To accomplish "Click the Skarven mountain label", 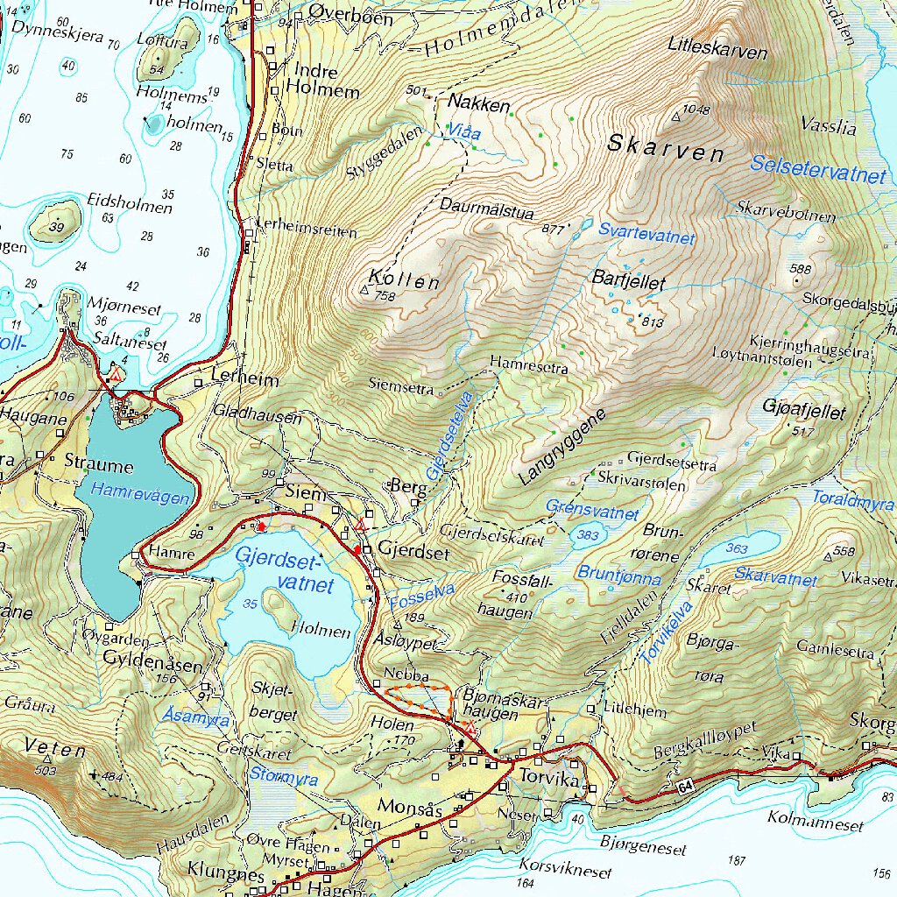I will (x=666, y=148).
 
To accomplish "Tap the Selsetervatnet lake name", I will (x=818, y=168).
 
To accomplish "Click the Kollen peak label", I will (x=404, y=280).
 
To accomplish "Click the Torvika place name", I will (x=550, y=778).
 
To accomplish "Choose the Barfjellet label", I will (x=629, y=283).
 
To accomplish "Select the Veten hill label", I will (x=56, y=750).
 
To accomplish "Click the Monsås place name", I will (x=409, y=806).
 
